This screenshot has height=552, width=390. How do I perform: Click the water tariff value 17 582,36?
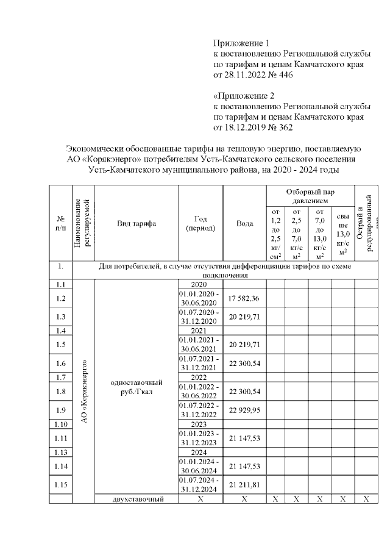coord(244,298)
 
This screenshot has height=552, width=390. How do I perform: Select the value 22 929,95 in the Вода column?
coord(244,409)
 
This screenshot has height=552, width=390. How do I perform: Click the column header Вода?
coord(244,223)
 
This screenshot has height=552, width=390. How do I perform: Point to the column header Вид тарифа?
coord(136,223)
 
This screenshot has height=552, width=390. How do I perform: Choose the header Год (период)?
coord(200,223)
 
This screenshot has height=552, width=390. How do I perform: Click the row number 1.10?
coord(60,423)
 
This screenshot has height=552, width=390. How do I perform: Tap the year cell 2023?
coord(200,423)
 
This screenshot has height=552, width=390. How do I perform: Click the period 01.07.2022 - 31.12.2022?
coord(200,409)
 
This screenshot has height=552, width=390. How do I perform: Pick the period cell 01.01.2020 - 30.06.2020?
coord(200,298)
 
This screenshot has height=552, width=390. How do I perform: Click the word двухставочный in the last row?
coord(136,499)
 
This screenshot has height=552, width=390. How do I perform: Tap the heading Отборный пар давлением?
coord(310,196)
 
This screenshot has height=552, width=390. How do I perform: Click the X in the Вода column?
coord(244,499)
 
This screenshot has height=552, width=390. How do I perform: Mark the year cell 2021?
coord(200,331)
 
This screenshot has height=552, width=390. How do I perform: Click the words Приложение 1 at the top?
coord(241,43)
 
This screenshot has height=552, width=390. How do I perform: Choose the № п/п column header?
coord(60,223)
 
